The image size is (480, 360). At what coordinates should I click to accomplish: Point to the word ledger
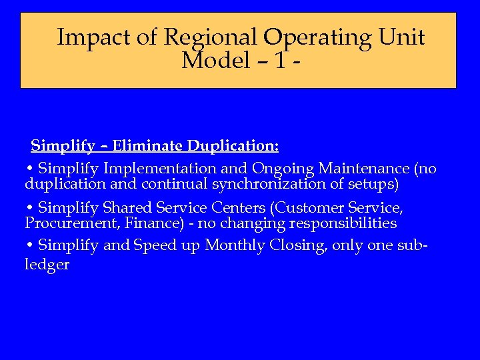pyautogui.click(x=47, y=265)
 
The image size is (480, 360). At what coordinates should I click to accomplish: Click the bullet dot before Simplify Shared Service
pyautogui.click(x=30, y=208)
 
